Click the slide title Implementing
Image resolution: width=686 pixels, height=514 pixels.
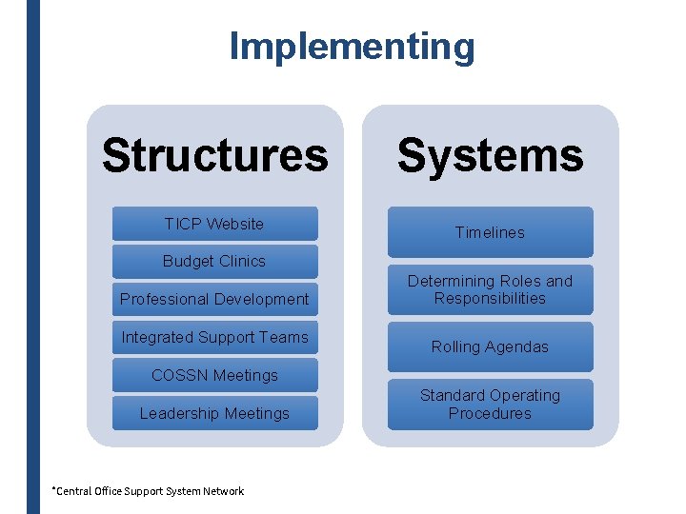coord(352,46)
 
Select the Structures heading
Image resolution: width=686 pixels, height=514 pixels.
coord(214,155)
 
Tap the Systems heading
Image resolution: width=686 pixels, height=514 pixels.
coord(490,155)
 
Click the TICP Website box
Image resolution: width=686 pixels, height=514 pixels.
coord(214,224)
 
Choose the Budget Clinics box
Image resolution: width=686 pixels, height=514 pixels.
coord(214,261)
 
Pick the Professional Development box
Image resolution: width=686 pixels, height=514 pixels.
coord(214,299)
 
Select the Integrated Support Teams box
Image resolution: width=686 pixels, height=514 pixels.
coord(214,337)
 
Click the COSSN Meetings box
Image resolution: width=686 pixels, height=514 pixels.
coord(214,375)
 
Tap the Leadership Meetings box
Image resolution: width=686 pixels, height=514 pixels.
coord(214,413)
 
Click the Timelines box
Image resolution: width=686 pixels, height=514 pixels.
coord(490,232)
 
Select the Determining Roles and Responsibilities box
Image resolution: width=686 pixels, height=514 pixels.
coord(490,289)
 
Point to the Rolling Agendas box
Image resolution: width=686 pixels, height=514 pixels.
coord(490,346)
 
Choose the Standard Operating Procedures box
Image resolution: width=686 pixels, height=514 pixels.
coord(490,404)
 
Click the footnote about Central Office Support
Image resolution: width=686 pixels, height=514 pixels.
coord(148,491)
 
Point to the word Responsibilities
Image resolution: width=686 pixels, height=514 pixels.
coord(490,298)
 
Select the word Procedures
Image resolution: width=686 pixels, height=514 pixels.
coord(490,413)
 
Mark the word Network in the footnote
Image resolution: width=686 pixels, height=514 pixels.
coord(224,491)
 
